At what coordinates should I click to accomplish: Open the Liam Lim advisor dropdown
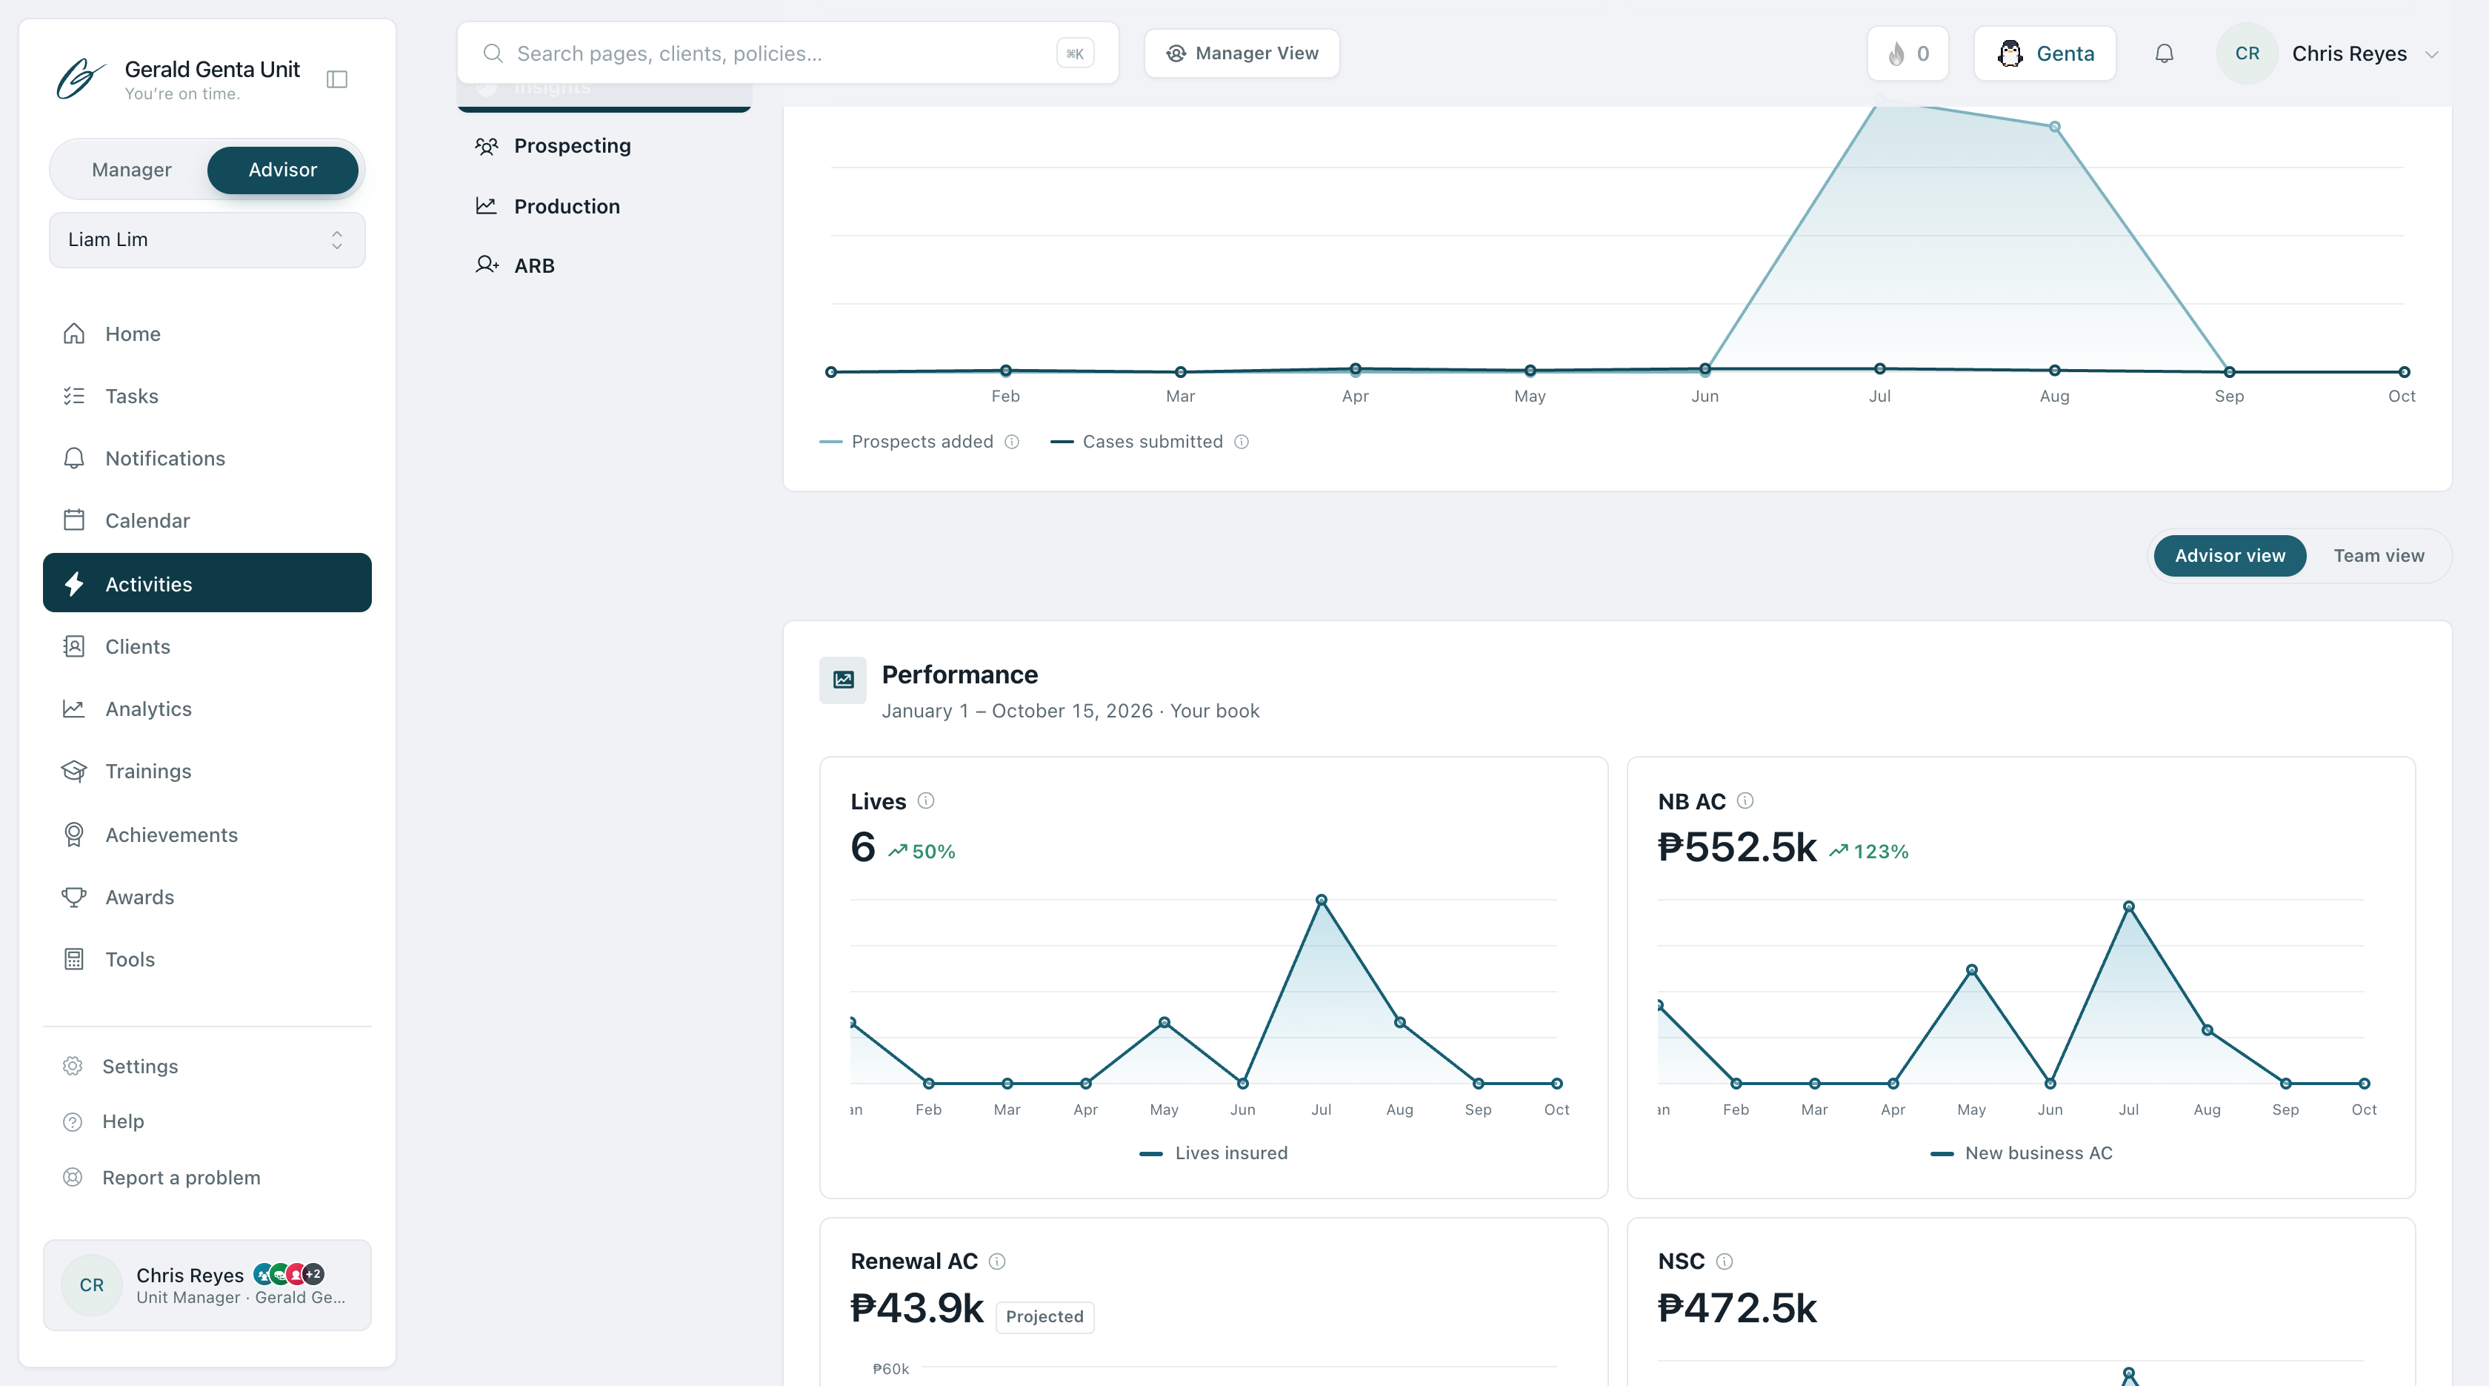(x=207, y=239)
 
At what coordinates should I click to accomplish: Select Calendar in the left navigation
(x=147, y=521)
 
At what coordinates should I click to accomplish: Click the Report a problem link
(x=181, y=1177)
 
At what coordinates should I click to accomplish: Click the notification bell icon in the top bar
(x=2165, y=54)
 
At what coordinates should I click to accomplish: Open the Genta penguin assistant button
(x=2045, y=54)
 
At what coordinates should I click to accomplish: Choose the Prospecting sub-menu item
(x=572, y=146)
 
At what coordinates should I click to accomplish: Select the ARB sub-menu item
(x=533, y=266)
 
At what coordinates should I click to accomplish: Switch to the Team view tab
(x=2378, y=556)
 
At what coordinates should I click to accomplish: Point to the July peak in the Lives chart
(x=1321, y=900)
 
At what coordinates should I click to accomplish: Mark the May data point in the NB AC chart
(x=1971, y=969)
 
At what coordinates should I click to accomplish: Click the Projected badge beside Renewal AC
(x=1044, y=1316)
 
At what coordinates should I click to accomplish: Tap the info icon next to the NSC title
(x=1724, y=1261)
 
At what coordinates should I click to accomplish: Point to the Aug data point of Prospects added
(x=2054, y=127)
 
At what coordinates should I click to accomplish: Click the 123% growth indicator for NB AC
(x=1869, y=852)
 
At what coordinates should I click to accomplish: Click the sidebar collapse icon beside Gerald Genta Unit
(x=337, y=79)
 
